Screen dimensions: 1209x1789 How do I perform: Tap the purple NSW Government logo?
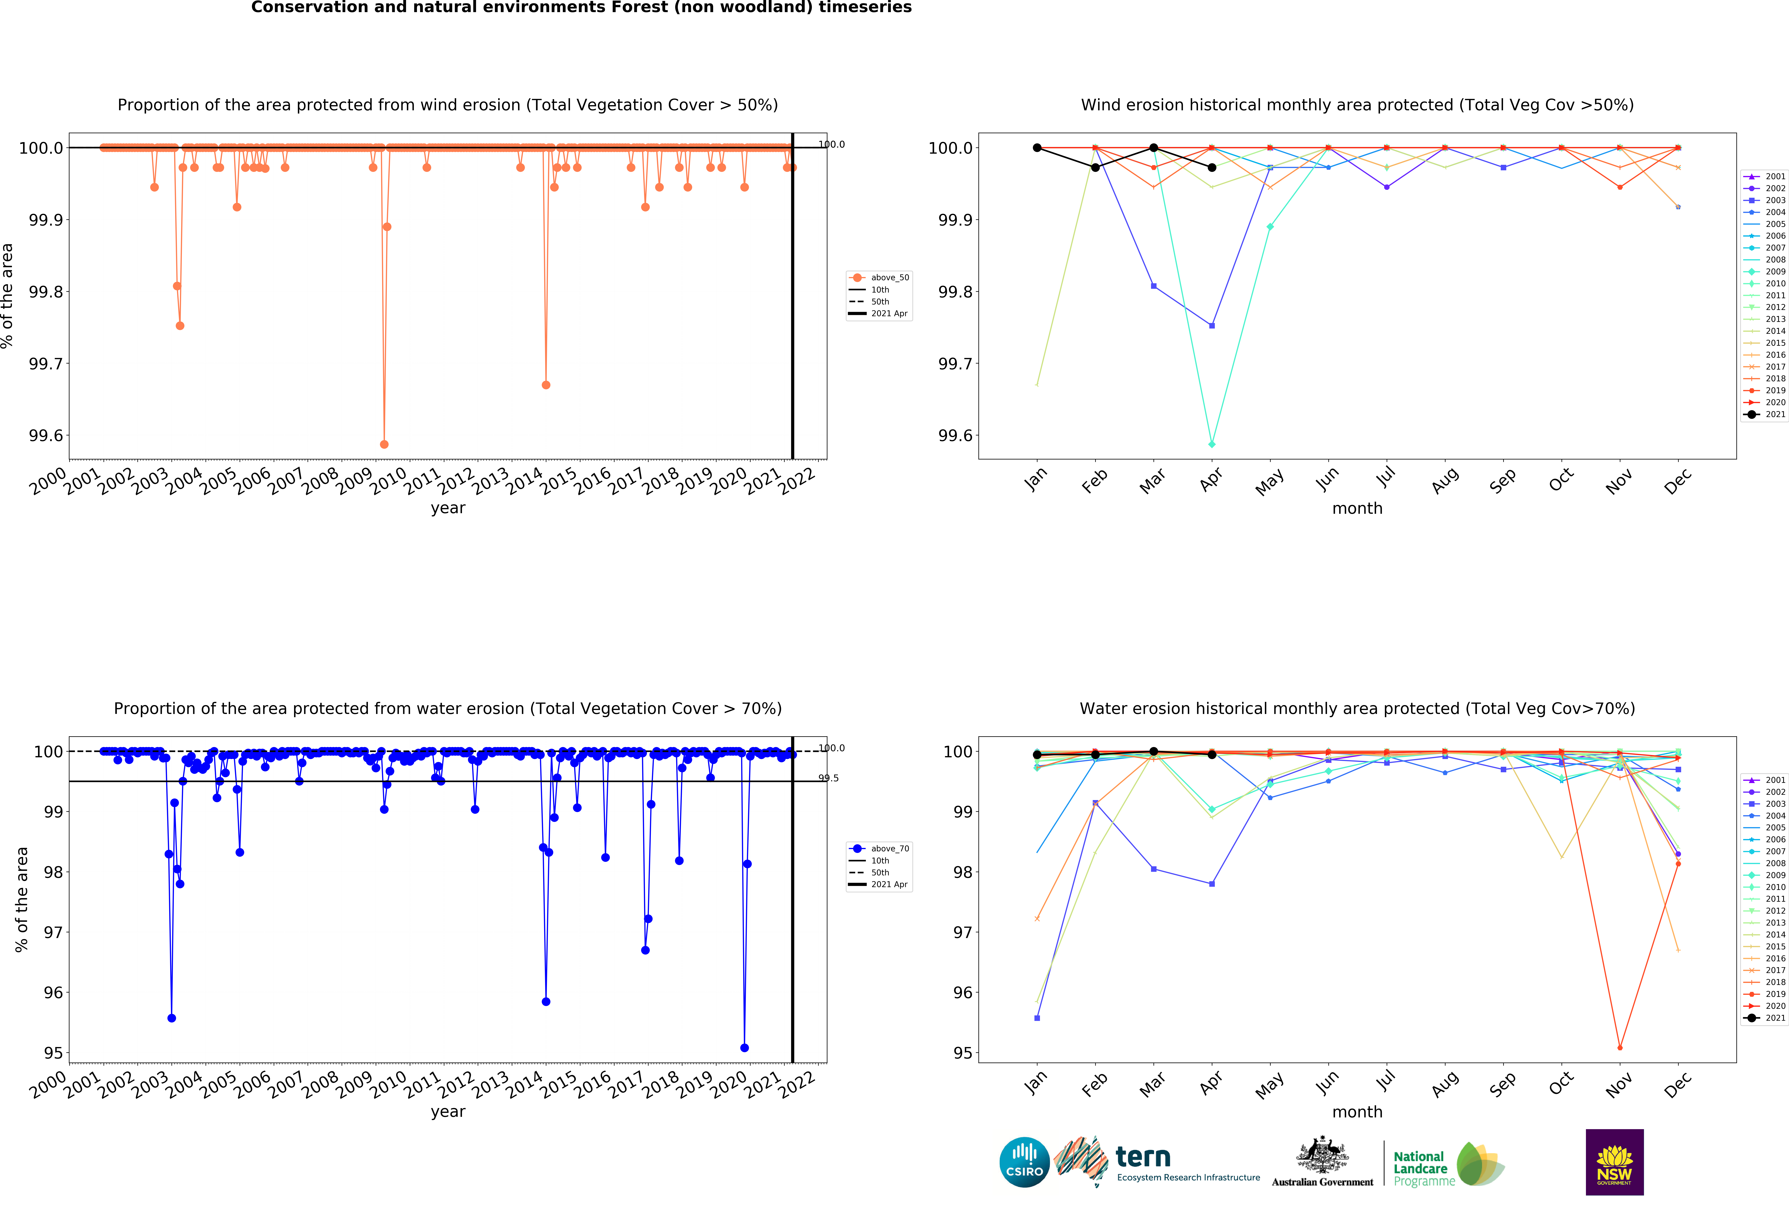[x=1614, y=1162]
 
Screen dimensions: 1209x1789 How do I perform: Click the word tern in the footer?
[x=1143, y=1157]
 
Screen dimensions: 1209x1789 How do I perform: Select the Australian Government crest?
[x=1322, y=1154]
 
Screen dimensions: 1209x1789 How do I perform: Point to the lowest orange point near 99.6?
[x=384, y=444]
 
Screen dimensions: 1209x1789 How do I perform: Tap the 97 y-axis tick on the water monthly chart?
[x=962, y=932]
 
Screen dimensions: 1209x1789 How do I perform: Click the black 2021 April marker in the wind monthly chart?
[x=1212, y=167]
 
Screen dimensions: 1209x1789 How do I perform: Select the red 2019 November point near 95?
[x=1620, y=1047]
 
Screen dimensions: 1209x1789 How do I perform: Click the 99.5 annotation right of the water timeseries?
[x=828, y=778]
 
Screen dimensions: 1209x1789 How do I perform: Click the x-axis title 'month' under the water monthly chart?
[x=1357, y=1112]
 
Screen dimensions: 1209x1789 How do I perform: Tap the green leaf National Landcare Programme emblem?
[x=1480, y=1164]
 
